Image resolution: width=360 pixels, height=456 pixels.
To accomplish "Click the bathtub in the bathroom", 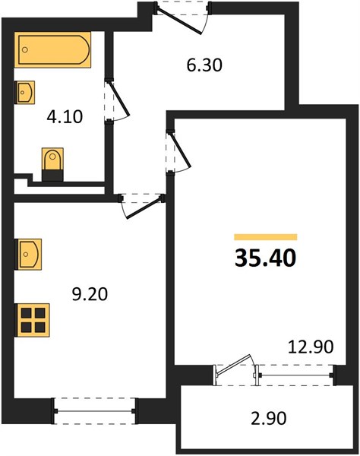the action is point(52,49).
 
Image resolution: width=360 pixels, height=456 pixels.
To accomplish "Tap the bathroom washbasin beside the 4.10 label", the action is point(25,93).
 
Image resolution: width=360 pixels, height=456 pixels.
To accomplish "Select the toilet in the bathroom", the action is point(52,164).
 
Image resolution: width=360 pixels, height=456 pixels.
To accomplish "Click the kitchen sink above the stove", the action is point(28,254).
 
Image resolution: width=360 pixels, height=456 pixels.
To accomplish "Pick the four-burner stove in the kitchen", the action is point(32,320).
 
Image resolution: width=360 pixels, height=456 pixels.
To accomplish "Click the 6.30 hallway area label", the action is point(204,65).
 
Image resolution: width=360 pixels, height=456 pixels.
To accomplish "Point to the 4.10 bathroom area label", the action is point(65,116).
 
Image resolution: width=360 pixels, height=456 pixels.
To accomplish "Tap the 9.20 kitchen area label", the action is point(90,294).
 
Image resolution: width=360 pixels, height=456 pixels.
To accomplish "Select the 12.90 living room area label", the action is point(311,347).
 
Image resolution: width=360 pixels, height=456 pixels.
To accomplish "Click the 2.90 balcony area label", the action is point(268,419).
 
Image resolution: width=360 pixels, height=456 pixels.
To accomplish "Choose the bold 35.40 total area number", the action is point(265,258).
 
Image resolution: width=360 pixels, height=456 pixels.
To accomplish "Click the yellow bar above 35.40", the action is point(266,237).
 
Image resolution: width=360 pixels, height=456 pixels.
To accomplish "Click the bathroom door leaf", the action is point(118,98).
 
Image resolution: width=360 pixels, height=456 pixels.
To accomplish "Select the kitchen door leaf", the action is point(144,207).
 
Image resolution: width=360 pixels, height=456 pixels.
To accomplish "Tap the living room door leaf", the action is point(180,150).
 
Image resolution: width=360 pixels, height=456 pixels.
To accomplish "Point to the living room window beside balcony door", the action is point(295,375).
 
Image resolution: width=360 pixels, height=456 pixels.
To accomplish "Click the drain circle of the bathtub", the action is point(25,49).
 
